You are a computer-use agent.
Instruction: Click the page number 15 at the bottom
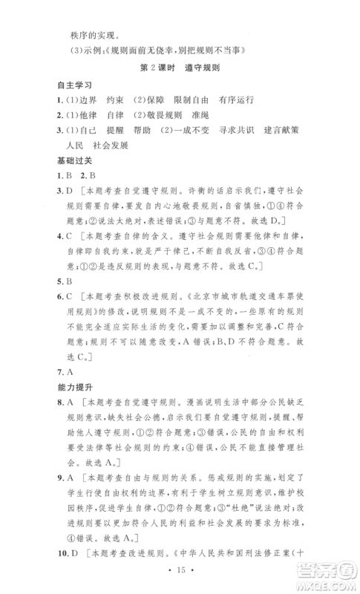(x=181, y=578)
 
